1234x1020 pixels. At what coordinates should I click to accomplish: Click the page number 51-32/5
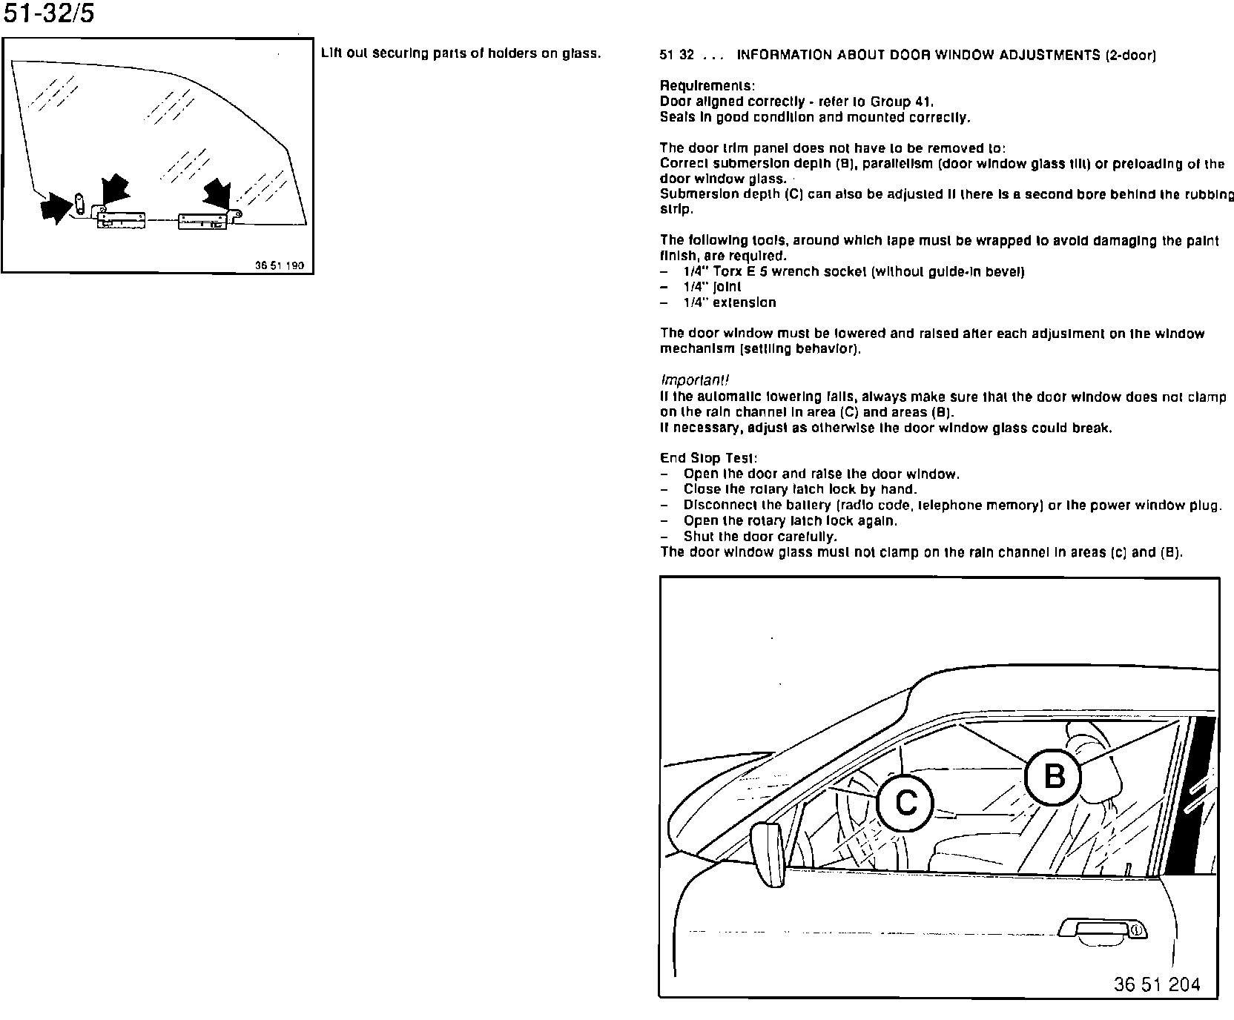click(x=49, y=14)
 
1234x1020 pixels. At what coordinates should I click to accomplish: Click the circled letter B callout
click(x=1053, y=777)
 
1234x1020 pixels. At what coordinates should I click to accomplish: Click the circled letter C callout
click(x=905, y=803)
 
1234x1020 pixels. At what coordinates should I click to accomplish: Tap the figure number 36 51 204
click(x=1156, y=984)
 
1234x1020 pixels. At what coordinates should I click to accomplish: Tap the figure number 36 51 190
click(x=279, y=265)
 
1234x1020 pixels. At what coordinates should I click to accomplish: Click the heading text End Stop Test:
click(x=708, y=459)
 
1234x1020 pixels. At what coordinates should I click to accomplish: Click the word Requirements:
click(x=707, y=86)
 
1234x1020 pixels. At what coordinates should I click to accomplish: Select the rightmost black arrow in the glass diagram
click(x=218, y=196)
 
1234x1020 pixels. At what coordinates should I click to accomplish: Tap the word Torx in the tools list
click(x=728, y=272)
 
